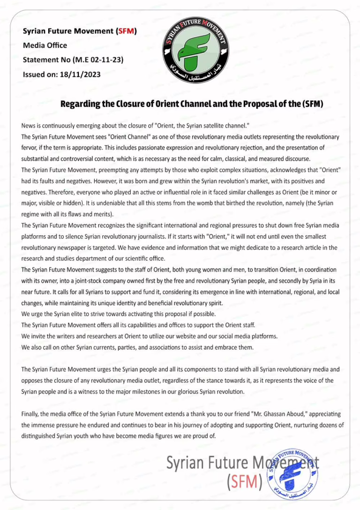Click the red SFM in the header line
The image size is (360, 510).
pos(126,31)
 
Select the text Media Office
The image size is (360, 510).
pos(45,45)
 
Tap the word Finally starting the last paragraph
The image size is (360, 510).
pos(31,414)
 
